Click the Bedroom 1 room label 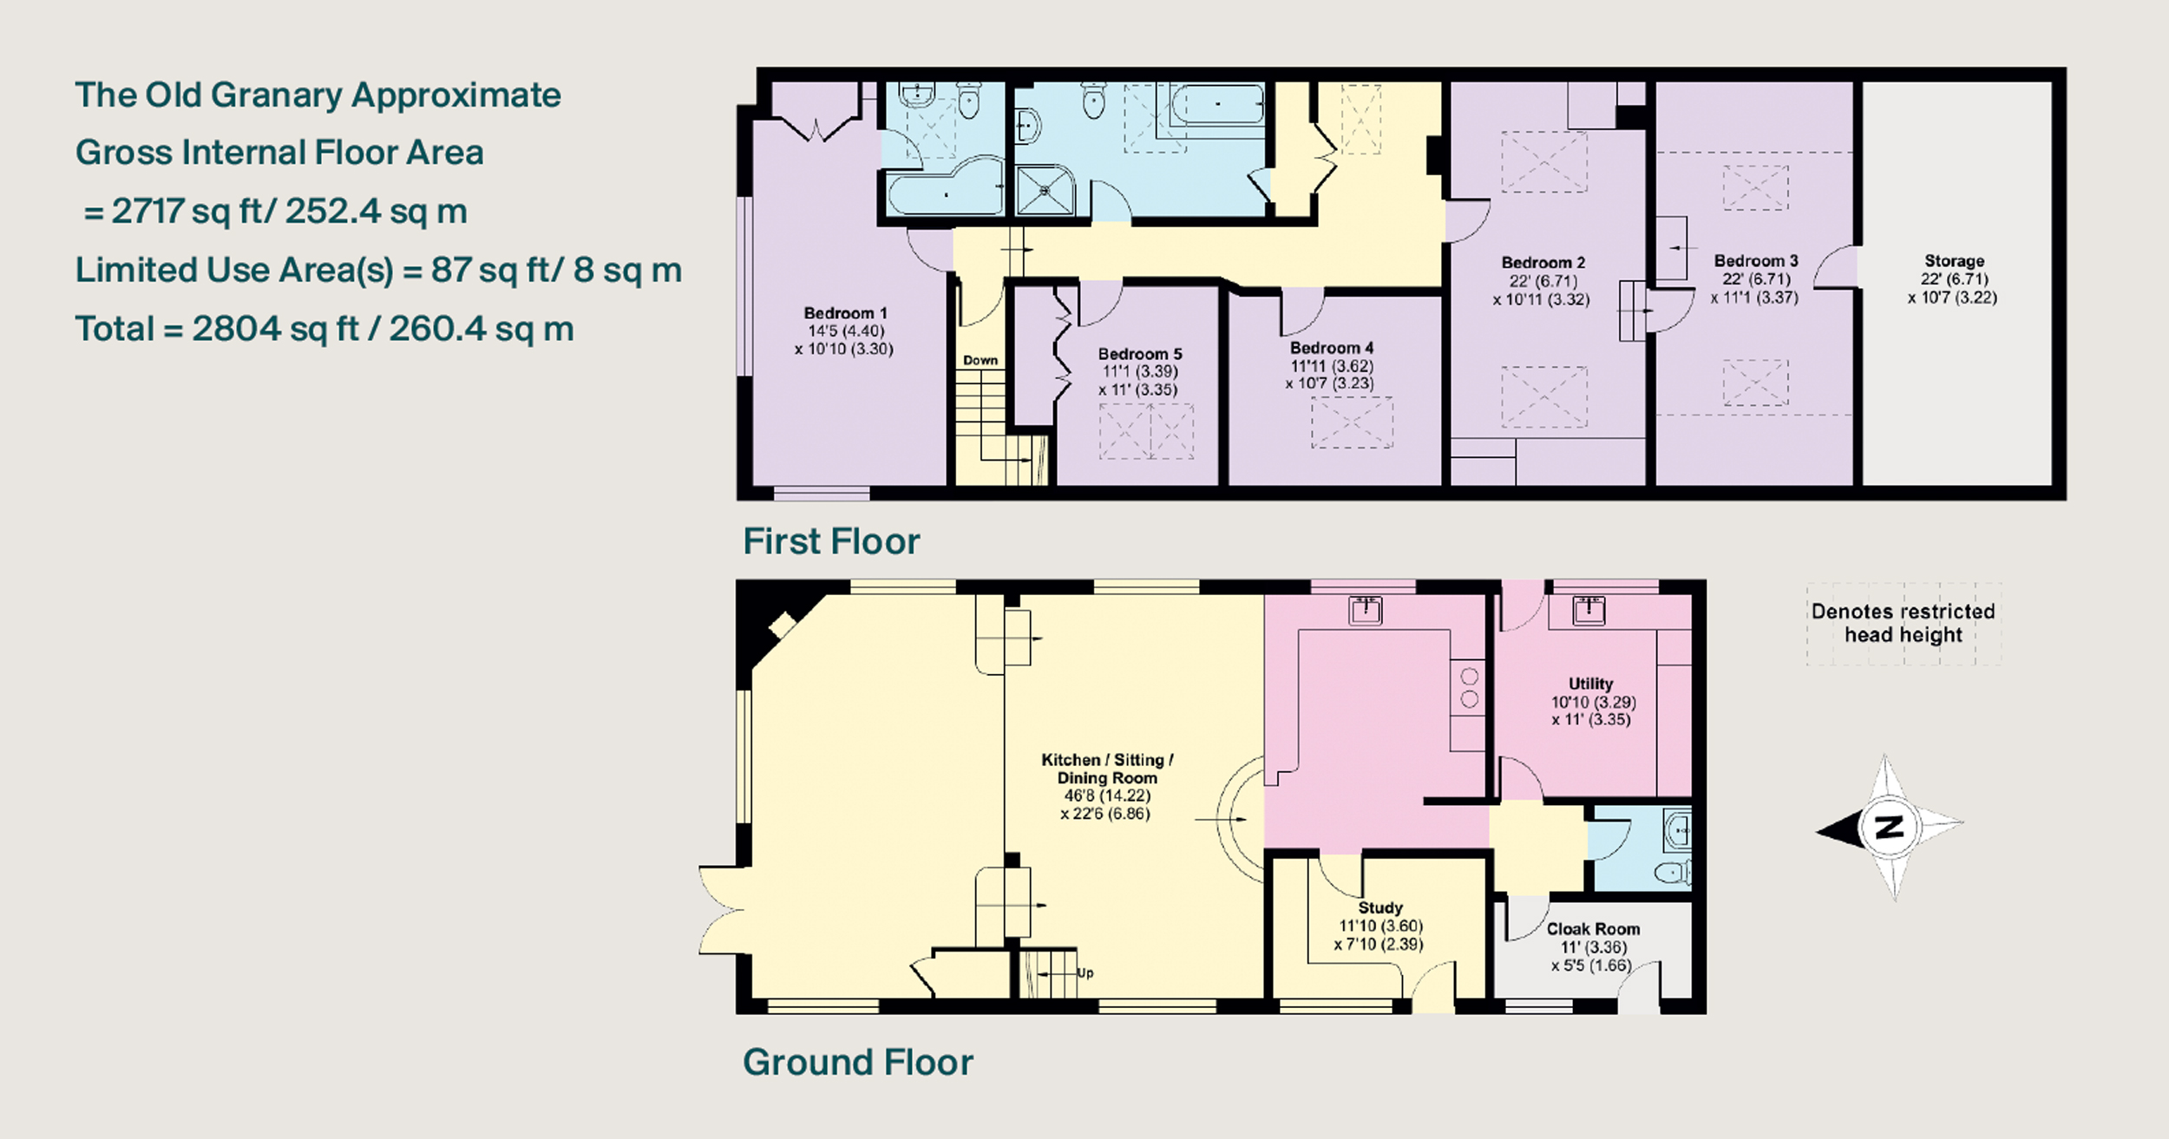(845, 313)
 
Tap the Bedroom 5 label (1139, 354)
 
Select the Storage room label (1954, 261)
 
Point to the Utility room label (1590, 684)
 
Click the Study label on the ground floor (1380, 908)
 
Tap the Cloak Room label (1593, 929)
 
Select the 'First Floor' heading (831, 541)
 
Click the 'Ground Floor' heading (858, 1063)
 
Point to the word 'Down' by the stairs (980, 360)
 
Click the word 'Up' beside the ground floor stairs (1084, 972)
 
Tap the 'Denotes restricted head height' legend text (1904, 623)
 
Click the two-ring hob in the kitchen (1469, 687)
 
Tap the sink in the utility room (1589, 610)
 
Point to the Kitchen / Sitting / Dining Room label (1107, 769)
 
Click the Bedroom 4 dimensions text (1330, 375)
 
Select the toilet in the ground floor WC (1671, 871)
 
